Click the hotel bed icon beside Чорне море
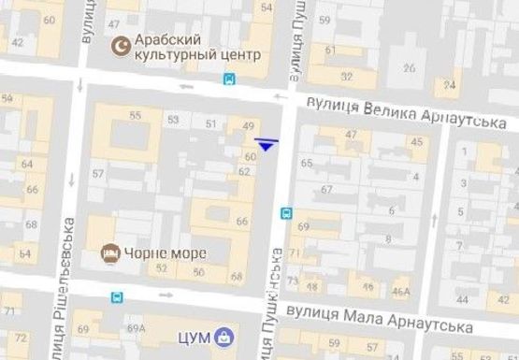click(108, 252)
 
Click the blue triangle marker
click(267, 143)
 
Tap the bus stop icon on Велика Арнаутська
click(229, 79)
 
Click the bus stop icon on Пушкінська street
click(285, 213)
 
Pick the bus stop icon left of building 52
click(116, 297)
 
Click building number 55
click(136, 115)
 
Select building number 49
click(248, 126)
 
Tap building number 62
click(244, 171)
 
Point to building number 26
click(408, 67)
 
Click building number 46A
click(401, 292)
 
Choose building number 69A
click(137, 328)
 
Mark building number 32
click(347, 76)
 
